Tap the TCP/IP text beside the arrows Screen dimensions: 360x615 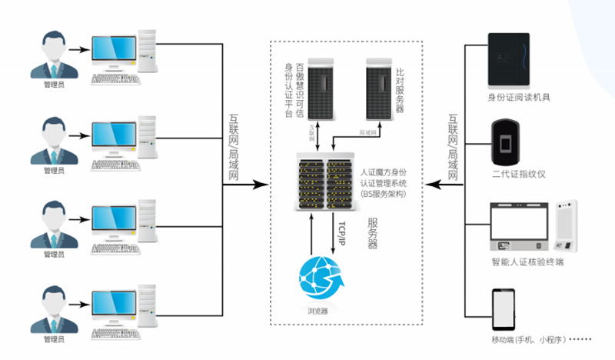pyautogui.click(x=344, y=231)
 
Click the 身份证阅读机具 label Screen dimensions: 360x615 pyautogui.click(x=519, y=97)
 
